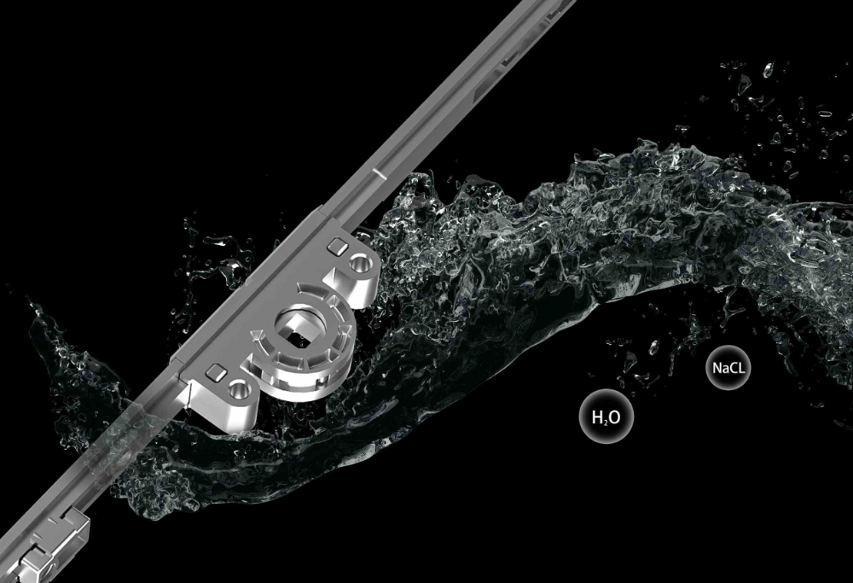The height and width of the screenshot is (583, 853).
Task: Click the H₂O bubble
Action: click(x=606, y=417)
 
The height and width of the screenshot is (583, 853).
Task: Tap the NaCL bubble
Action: click(x=728, y=367)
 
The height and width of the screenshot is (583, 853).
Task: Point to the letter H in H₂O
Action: click(x=596, y=417)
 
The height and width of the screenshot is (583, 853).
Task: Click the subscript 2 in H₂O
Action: click(x=605, y=422)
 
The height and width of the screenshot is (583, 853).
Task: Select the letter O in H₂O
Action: click(x=613, y=417)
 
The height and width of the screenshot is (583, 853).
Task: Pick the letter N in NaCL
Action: click(x=717, y=368)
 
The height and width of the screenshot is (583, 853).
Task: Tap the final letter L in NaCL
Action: click(x=741, y=368)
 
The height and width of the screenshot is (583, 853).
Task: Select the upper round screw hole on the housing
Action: click(x=360, y=264)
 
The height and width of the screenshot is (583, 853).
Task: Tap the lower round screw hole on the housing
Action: click(x=238, y=390)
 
